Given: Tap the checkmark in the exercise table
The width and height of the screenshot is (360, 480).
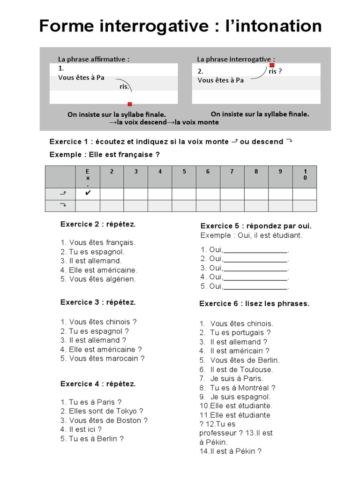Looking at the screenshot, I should [x=88, y=193].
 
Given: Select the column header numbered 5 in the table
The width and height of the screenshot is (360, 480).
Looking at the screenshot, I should [x=184, y=172].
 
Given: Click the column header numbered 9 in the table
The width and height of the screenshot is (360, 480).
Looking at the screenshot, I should [x=280, y=172].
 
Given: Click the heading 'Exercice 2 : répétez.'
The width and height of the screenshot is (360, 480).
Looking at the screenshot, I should [x=98, y=225].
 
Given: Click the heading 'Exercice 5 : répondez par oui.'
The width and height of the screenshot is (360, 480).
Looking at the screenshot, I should [x=256, y=226].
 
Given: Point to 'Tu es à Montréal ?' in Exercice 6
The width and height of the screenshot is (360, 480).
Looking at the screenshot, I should [x=242, y=388].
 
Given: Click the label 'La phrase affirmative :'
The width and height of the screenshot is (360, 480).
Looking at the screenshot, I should [x=94, y=60].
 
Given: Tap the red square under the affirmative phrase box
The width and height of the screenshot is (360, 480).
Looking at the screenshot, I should [x=130, y=104].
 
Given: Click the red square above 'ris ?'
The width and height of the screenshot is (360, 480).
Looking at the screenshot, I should [x=272, y=65].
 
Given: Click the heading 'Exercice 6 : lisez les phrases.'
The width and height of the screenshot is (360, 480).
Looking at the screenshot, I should [x=255, y=304].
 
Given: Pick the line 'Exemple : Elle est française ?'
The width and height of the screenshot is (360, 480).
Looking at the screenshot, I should [x=102, y=155].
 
